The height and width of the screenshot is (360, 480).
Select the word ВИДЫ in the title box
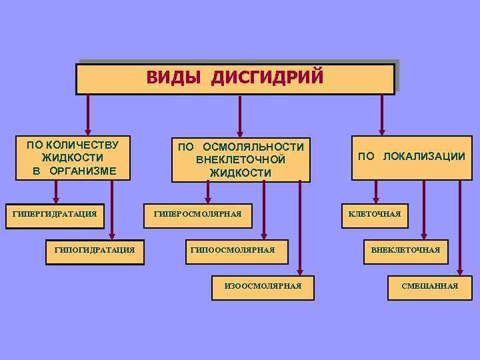pyautogui.click(x=175, y=77)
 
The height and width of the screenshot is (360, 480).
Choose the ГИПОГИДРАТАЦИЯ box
pyautogui.click(x=95, y=251)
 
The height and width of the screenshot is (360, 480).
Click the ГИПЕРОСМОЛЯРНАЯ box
pyautogui.click(x=197, y=215)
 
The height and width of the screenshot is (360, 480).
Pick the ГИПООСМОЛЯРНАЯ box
pyautogui.click(x=233, y=251)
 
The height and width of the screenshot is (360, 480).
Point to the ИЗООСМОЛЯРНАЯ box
pyautogui.click(x=263, y=285)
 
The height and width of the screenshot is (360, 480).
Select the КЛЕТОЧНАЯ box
pyautogui.click(x=375, y=215)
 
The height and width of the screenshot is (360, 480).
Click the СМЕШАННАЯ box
pyautogui.click(x=430, y=286)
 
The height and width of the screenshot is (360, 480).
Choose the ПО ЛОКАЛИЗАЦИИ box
pyautogui.click(x=411, y=157)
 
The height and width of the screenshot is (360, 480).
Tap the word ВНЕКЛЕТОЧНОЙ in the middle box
pyautogui.click(x=241, y=160)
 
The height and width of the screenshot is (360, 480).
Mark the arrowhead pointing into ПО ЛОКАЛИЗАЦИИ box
pyautogui.click(x=382, y=131)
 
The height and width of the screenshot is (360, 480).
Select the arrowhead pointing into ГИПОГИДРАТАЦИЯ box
pyautogui.click(x=113, y=235)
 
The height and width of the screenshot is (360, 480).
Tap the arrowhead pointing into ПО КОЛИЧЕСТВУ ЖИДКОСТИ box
pyautogui.click(x=87, y=131)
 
